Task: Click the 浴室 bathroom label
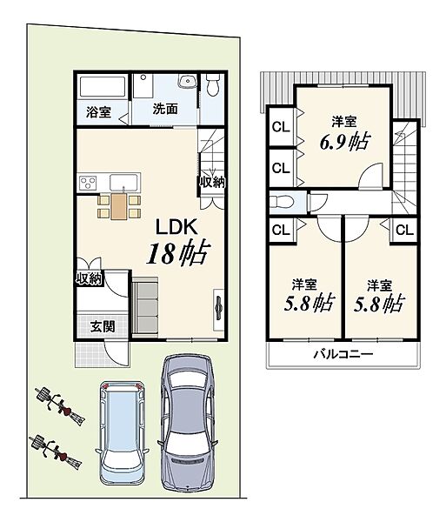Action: pos(98,112)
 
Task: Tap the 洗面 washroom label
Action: pos(165,109)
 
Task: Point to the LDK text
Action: pos(177,227)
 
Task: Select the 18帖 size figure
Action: pos(178,253)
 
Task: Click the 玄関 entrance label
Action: pos(103,326)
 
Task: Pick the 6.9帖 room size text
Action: pos(344,142)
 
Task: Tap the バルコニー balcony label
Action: pos(343,354)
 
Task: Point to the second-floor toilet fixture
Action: pos(282,202)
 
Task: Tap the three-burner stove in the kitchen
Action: pos(88,183)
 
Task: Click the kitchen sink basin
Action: pos(123,182)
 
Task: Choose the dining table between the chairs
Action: pos(118,206)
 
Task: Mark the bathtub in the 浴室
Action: pos(103,87)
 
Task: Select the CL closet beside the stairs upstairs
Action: pos(404,231)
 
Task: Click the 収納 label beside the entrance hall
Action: pos(90,278)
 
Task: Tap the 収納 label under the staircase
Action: pos(212,182)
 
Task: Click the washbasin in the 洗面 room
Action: pos(188,81)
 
